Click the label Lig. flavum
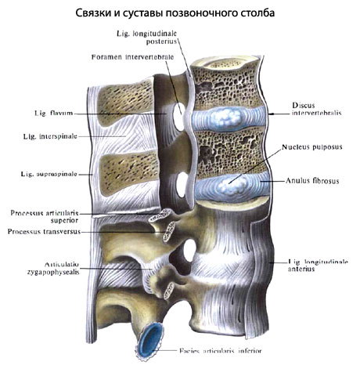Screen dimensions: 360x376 [54, 114]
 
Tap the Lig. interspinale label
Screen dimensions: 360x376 [50, 136]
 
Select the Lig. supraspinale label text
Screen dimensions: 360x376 [49, 174]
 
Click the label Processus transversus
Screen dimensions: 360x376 [44, 232]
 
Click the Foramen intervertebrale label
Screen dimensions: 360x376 [132, 57]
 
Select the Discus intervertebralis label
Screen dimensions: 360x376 [316, 109]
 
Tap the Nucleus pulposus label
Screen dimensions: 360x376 [311, 147]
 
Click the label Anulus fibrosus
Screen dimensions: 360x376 [312, 181]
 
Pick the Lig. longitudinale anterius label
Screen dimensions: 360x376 [318, 266]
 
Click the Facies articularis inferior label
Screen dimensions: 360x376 [220, 351]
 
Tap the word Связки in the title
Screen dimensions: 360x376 [93, 13]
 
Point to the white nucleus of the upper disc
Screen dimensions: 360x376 [226, 118]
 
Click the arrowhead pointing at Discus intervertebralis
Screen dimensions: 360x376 [271, 114]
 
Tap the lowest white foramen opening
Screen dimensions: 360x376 [189, 251]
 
